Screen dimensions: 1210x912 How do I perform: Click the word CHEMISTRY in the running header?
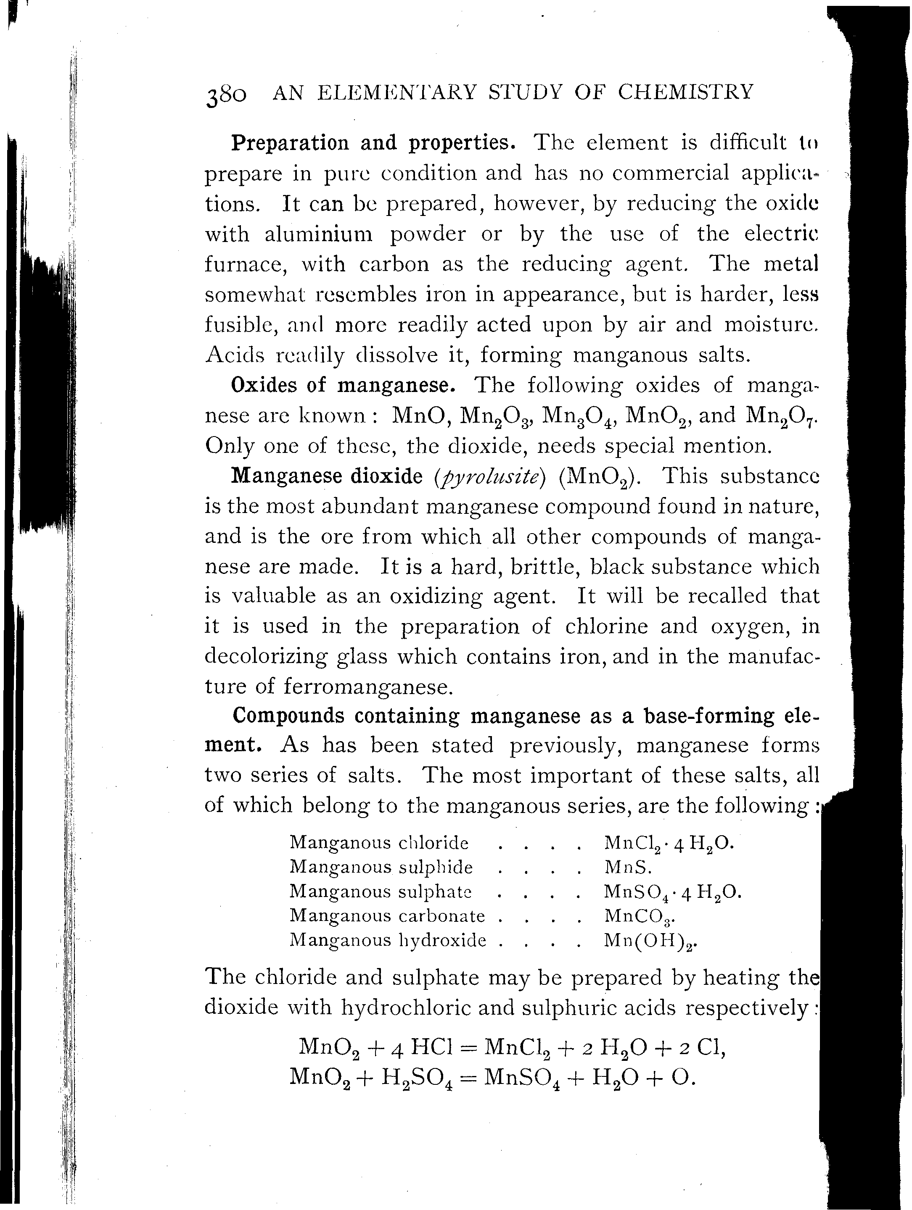[x=686, y=92]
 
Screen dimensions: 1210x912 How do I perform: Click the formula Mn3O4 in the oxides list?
[x=576, y=417]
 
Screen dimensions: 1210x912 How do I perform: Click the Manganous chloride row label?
[x=379, y=843]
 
